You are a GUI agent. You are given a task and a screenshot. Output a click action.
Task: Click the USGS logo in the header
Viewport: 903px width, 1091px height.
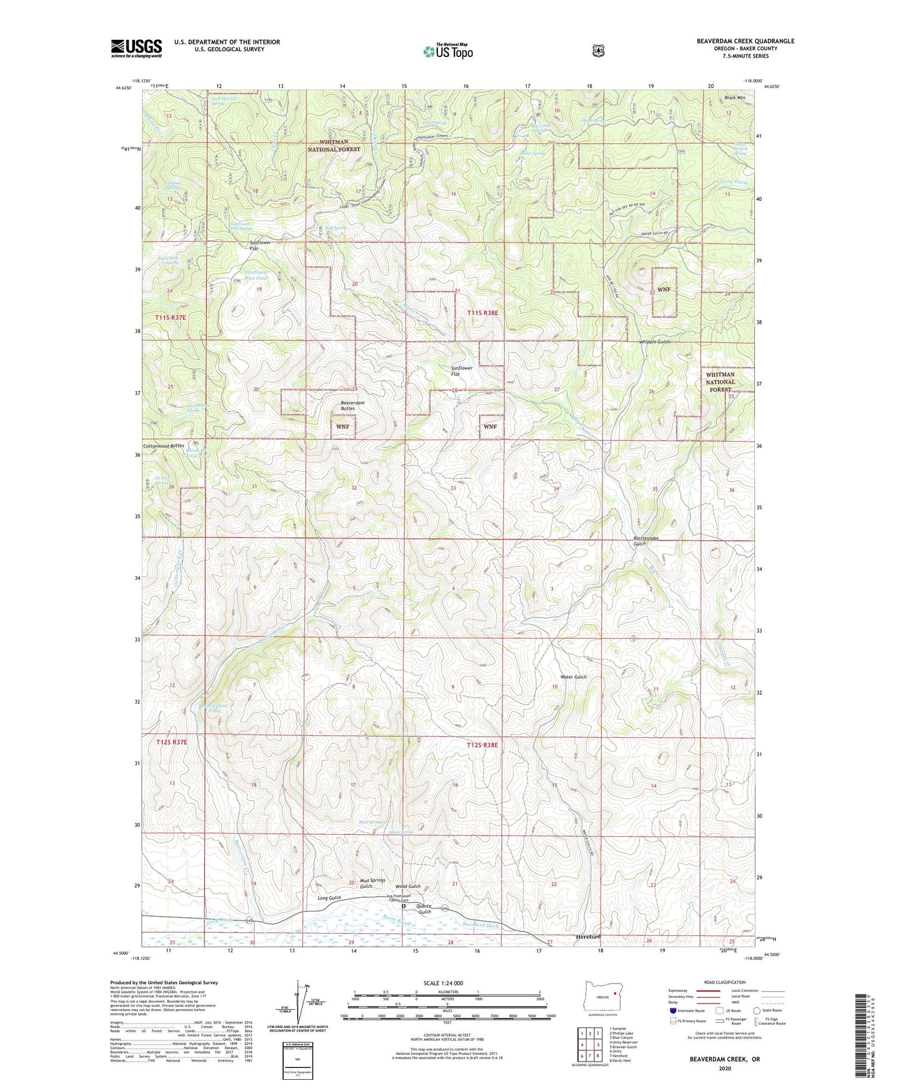tap(136, 48)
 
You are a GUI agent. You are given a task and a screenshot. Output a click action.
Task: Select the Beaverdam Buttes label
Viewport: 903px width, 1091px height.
tap(352, 406)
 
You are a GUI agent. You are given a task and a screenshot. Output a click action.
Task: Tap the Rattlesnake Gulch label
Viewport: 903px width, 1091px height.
tap(646, 541)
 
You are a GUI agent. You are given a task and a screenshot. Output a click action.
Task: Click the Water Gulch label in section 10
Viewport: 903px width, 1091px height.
tap(573, 677)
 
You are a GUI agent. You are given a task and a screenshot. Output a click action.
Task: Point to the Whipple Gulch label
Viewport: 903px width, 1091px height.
tap(654, 342)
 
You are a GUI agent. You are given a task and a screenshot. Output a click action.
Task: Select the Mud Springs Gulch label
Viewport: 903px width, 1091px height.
tap(372, 883)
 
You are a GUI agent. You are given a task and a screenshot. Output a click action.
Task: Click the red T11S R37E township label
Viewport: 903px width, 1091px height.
tap(171, 318)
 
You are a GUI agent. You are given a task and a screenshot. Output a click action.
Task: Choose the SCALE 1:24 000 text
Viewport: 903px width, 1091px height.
tap(443, 983)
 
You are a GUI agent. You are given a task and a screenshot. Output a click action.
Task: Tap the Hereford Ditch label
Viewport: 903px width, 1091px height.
tap(481, 925)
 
